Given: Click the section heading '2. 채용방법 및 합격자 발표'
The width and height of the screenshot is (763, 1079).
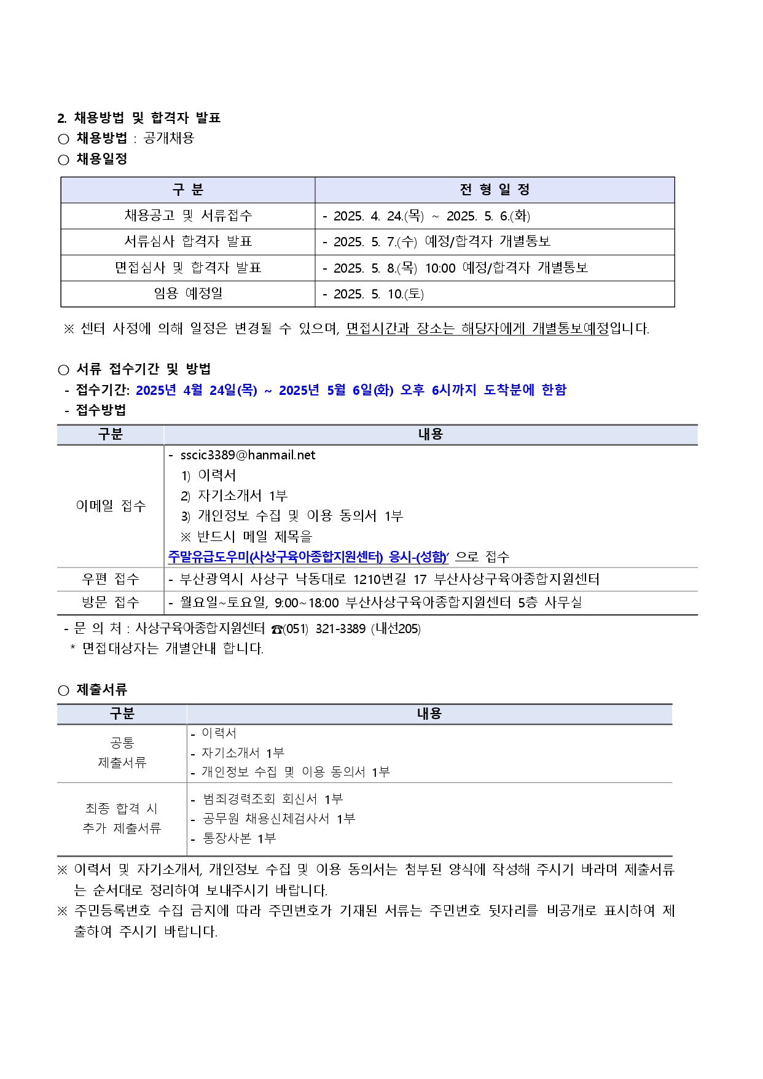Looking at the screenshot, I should (x=139, y=118).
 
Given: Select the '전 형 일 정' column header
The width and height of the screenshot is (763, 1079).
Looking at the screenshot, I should (x=495, y=190).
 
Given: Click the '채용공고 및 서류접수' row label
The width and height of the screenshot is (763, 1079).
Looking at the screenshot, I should (x=188, y=216).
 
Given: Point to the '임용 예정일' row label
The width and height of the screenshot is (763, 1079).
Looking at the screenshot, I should (x=188, y=294).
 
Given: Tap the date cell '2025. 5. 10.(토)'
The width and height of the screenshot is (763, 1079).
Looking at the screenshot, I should (x=378, y=294).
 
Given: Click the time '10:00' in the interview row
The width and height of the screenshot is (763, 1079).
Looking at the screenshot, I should (x=440, y=268).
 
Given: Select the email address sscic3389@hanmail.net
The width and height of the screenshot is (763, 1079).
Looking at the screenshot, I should (x=248, y=455).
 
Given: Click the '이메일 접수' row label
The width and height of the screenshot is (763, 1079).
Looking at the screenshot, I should (x=111, y=505).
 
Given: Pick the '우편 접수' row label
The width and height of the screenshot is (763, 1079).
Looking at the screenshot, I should (x=111, y=579).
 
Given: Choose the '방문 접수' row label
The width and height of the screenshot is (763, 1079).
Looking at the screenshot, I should (x=111, y=602).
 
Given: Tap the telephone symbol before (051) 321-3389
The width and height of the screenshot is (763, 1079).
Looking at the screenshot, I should (x=276, y=629).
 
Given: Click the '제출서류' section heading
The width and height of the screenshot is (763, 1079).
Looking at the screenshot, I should (x=101, y=690).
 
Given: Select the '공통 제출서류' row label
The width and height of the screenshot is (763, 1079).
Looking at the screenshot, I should (x=122, y=753).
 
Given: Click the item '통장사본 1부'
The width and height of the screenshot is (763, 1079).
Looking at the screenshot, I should (x=240, y=838).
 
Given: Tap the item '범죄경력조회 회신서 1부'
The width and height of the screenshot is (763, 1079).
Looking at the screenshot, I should (x=273, y=799).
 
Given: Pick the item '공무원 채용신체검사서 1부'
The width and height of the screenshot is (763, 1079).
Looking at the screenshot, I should (x=279, y=819).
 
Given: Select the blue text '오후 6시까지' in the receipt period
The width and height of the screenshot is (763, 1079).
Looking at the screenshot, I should (x=438, y=390).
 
